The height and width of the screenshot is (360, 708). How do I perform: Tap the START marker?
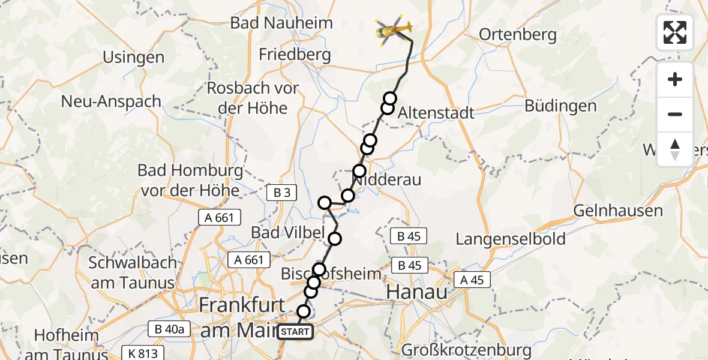(295, 331)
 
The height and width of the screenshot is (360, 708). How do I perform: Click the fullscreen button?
(675, 32)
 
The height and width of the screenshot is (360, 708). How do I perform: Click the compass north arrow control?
(675, 149)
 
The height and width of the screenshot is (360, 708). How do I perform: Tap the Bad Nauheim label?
(281, 24)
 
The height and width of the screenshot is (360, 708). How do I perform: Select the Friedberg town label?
(295, 55)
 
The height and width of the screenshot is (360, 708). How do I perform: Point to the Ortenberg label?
(518, 35)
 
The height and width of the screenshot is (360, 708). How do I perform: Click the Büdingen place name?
(560, 106)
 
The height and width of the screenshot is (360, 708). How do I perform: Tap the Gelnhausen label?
(618, 211)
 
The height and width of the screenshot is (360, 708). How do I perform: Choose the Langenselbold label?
(511, 239)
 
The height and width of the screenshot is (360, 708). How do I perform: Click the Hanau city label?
(417, 292)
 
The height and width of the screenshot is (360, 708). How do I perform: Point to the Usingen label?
(133, 58)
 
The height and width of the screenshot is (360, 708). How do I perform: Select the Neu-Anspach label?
(111, 101)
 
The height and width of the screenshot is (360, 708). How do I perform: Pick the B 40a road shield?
(169, 328)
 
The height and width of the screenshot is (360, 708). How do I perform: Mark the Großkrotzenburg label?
(466, 350)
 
